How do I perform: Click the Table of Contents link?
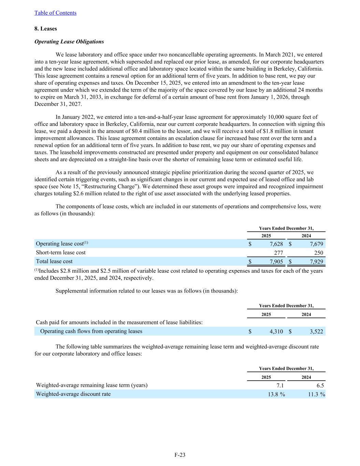point(55,13)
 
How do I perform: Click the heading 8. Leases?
point(46,29)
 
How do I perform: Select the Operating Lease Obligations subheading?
point(69,42)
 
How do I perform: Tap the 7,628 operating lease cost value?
point(276,244)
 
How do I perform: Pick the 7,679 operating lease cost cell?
point(316,244)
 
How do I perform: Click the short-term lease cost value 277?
point(278,253)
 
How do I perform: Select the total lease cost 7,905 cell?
point(276,262)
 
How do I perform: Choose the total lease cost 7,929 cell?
point(316,262)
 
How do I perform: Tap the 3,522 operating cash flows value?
point(316,331)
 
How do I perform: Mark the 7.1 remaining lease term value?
point(280,385)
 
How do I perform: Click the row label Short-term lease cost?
point(61,253)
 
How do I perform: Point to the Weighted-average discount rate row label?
point(73,394)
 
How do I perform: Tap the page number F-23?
point(180,455)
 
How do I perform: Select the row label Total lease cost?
point(54,262)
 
